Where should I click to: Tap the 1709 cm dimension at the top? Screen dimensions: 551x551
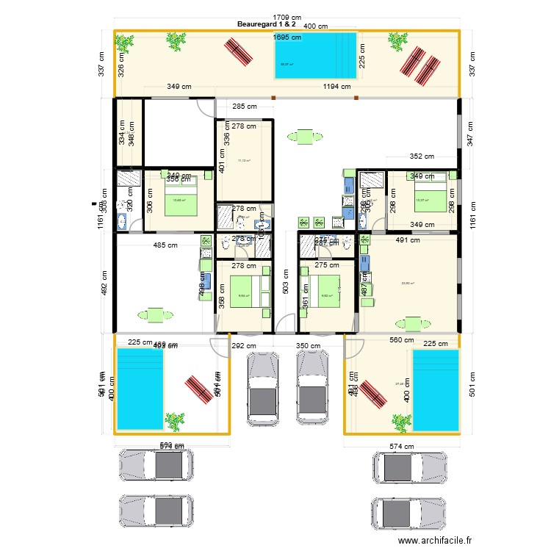tap(287, 17)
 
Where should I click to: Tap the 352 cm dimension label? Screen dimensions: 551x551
tap(422, 156)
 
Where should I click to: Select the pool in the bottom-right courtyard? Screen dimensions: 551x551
tap(436, 389)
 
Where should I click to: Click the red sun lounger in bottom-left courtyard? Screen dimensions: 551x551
tap(198, 389)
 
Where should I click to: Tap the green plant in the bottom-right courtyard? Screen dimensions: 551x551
tap(400, 422)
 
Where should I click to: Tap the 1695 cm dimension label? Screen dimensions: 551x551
tap(287, 37)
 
